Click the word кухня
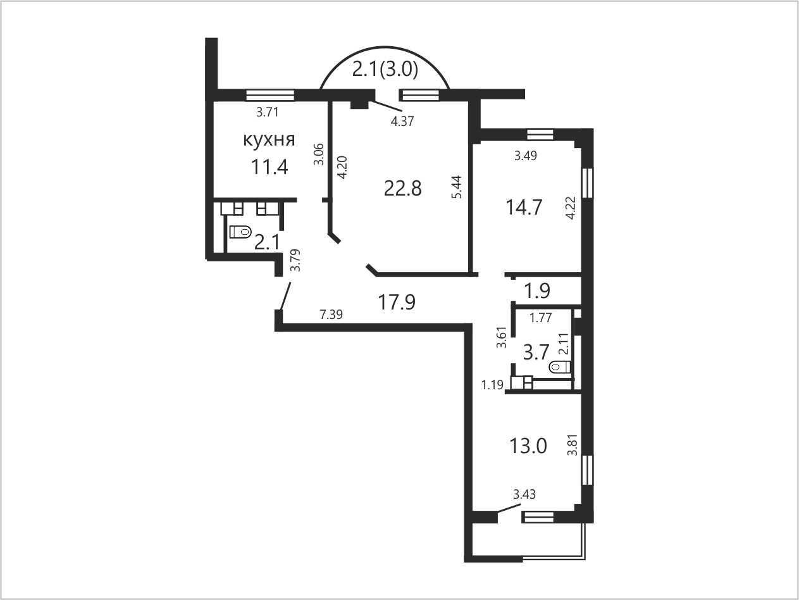click(269, 140)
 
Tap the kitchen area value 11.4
click(269, 168)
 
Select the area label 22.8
click(402, 189)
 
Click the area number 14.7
click(524, 207)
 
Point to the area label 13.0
click(528, 446)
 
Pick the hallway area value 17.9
click(397, 302)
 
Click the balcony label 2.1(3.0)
click(385, 70)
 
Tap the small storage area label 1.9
click(537, 291)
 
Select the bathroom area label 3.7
click(535, 353)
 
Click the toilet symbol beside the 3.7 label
click(560, 367)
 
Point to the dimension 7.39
click(331, 315)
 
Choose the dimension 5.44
click(457, 187)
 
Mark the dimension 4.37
click(402, 122)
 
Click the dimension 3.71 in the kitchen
click(268, 112)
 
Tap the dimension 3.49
click(526, 156)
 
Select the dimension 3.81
click(573, 444)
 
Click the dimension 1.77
click(540, 318)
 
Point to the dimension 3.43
click(524, 494)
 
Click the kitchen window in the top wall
click(270, 95)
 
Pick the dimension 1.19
click(492, 385)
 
